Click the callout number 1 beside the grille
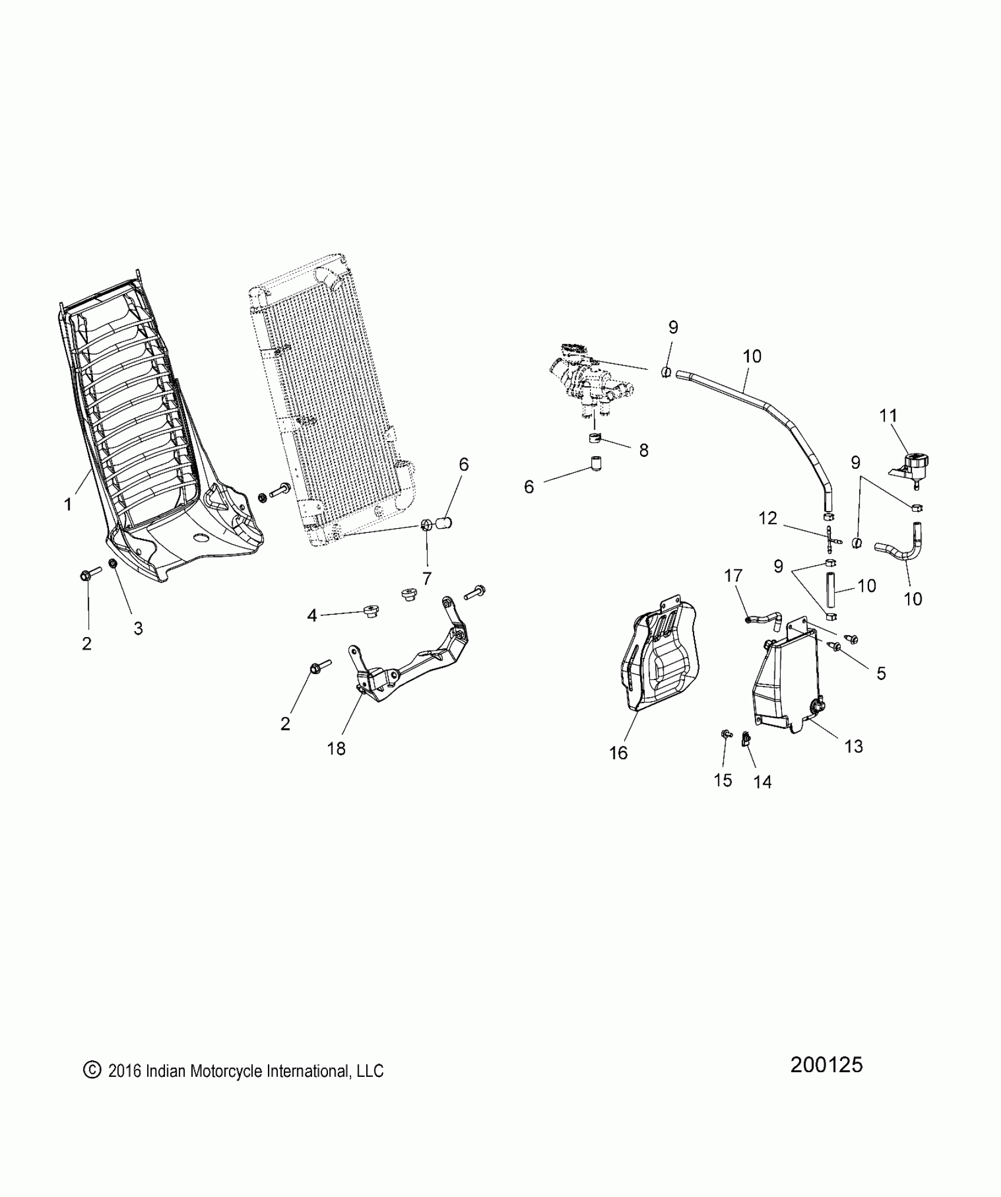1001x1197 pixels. (68, 504)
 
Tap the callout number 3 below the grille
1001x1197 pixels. (138, 628)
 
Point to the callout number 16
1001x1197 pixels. (618, 752)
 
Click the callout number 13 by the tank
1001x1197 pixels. (853, 746)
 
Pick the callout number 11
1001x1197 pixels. (888, 416)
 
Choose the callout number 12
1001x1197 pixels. (768, 518)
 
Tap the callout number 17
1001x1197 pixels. (734, 575)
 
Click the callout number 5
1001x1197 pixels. (881, 673)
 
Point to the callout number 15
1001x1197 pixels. (722, 780)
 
